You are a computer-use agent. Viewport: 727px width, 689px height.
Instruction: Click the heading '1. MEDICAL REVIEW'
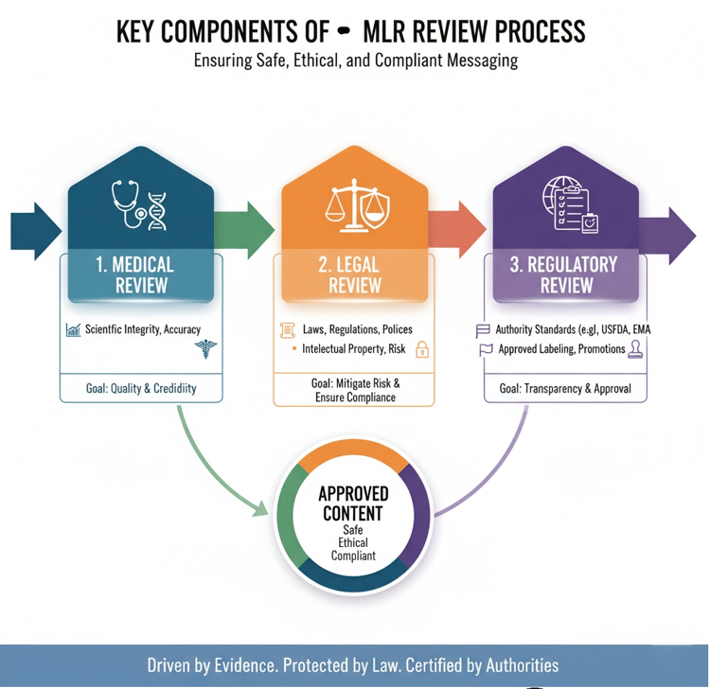(135, 274)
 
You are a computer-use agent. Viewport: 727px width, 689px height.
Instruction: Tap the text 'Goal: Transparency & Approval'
(565, 388)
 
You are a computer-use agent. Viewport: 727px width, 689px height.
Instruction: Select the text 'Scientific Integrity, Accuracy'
(143, 329)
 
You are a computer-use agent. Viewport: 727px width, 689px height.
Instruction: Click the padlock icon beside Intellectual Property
(422, 350)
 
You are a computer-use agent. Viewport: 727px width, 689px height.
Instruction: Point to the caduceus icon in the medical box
(205, 350)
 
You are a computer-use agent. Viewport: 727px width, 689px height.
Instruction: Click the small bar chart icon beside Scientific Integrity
(73, 330)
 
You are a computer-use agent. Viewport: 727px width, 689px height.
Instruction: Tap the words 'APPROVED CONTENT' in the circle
(352, 503)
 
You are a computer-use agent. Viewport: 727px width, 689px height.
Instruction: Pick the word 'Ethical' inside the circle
(352, 543)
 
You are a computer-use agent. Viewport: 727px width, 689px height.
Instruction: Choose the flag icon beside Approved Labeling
(486, 350)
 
